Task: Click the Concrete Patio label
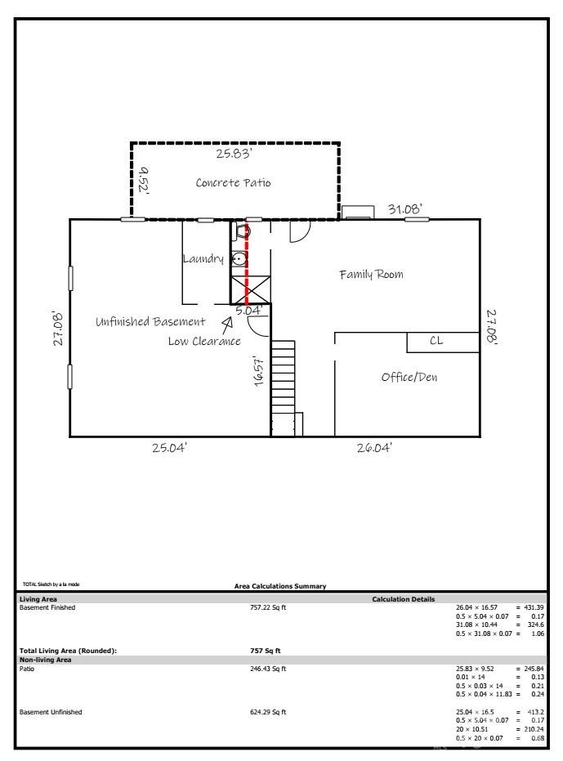(x=233, y=182)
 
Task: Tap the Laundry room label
(x=203, y=258)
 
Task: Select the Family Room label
(x=371, y=275)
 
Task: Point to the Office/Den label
(x=409, y=377)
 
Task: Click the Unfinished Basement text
(x=150, y=321)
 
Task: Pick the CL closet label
(x=436, y=341)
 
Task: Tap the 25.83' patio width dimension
(x=234, y=154)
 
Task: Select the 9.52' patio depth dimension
(x=144, y=180)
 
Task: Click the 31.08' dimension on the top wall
(x=404, y=209)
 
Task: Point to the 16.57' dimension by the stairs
(x=259, y=371)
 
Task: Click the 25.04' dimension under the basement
(x=169, y=447)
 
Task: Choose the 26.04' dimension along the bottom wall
(x=374, y=447)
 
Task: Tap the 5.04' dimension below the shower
(x=249, y=310)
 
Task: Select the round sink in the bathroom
(x=239, y=259)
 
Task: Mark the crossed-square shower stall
(x=250, y=290)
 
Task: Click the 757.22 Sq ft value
(x=268, y=607)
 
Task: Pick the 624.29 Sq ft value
(x=268, y=712)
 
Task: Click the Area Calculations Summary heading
(x=280, y=586)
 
